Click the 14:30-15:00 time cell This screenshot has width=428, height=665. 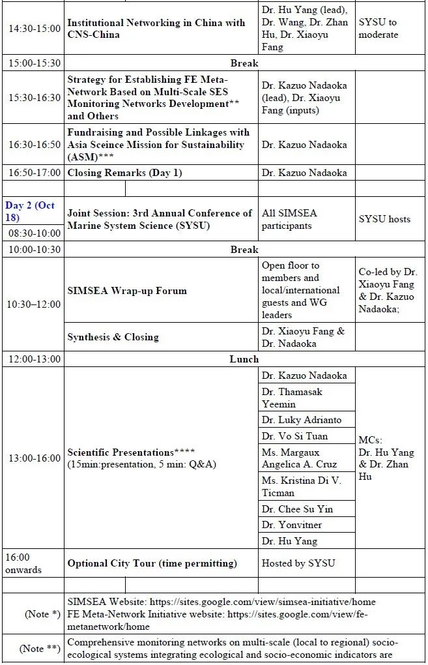34,29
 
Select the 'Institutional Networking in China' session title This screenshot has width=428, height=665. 156,29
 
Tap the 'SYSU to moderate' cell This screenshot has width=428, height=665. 378,29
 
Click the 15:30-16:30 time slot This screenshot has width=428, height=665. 34,97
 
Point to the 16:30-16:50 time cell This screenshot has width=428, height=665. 34,145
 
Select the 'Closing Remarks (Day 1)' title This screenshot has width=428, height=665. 125,173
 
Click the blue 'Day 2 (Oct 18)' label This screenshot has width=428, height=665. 30,211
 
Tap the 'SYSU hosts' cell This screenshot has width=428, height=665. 384,219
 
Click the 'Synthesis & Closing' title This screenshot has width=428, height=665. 113,337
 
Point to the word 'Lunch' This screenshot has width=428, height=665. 244,359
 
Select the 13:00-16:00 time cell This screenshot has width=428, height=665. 34,458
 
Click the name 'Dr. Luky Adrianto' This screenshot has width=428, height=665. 302,420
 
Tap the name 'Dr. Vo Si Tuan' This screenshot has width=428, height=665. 295,436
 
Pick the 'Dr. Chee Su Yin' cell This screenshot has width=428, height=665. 298,509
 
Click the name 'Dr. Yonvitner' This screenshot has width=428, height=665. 292,525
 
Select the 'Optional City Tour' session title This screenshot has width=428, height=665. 152,563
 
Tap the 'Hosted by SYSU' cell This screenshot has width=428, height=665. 298,563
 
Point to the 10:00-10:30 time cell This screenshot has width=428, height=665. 34,250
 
